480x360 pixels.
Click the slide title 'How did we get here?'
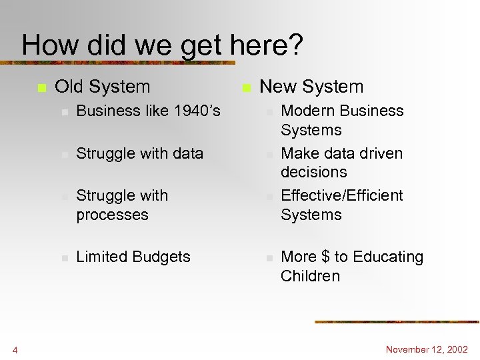pyautogui.click(x=162, y=45)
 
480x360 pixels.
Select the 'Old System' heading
pyautogui.click(x=102, y=87)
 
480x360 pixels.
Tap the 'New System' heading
pyautogui.click(x=311, y=87)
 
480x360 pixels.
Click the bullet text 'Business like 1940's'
pyautogui.click(x=148, y=111)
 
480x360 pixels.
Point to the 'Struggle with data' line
pyautogui.click(x=139, y=153)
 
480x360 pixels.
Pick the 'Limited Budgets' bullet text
pyautogui.click(x=133, y=257)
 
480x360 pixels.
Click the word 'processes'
pyautogui.click(x=112, y=215)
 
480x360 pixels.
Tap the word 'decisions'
pyautogui.click(x=314, y=172)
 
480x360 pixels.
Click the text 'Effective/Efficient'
pyautogui.click(x=342, y=195)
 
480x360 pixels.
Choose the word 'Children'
pyautogui.click(x=310, y=276)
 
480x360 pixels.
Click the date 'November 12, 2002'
pyautogui.click(x=427, y=349)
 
